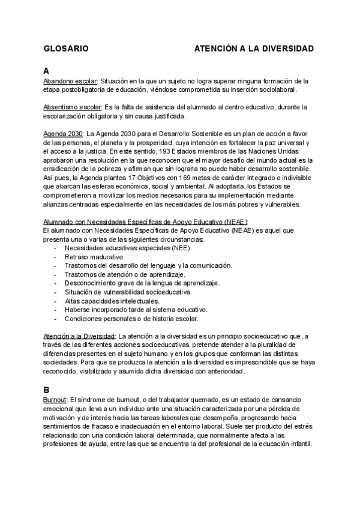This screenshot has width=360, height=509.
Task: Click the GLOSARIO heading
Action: coord(67,47)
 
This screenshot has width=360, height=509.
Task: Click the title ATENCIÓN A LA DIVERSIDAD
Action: coord(254,47)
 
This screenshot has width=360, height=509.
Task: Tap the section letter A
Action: coord(47,70)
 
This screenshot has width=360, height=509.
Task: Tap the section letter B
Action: coord(47,390)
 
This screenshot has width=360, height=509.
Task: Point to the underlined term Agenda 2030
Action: coord(64,134)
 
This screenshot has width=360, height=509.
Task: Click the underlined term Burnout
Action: coord(56,399)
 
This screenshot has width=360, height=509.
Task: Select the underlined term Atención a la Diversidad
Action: coord(80,337)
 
